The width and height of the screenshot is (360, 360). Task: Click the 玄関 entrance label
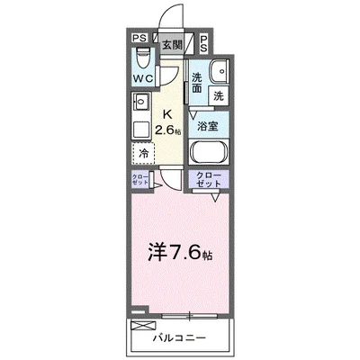point(172,43)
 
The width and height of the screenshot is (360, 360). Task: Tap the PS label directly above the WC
point(139,39)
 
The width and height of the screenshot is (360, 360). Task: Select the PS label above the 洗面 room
point(204,40)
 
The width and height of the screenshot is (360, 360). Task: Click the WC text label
point(141,77)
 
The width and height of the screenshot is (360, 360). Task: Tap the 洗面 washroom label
point(196,83)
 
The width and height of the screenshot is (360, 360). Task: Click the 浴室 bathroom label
point(208,127)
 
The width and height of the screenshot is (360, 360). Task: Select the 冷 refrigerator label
point(144,153)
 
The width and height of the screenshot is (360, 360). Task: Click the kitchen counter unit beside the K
point(141,114)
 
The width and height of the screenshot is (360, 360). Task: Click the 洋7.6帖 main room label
point(181,255)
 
